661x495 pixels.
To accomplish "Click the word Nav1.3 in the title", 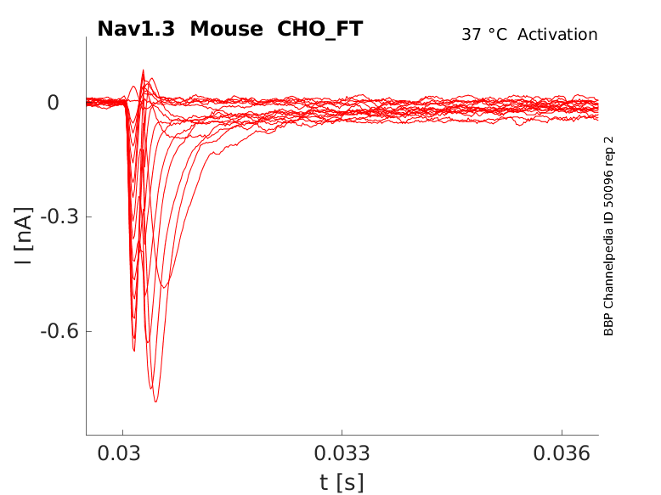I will pos(137,29).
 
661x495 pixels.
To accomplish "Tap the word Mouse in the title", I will pos(227,29).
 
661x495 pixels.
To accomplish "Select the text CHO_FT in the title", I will pos(319,29).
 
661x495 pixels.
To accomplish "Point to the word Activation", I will pos(557,35).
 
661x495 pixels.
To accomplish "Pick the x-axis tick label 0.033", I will pos(342,454).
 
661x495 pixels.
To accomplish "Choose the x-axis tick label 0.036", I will pos(562,454).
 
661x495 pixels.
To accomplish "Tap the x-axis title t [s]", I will pos(342,482).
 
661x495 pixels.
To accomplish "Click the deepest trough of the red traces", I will pos(155,401).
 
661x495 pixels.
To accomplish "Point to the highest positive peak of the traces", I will pos(143,70).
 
